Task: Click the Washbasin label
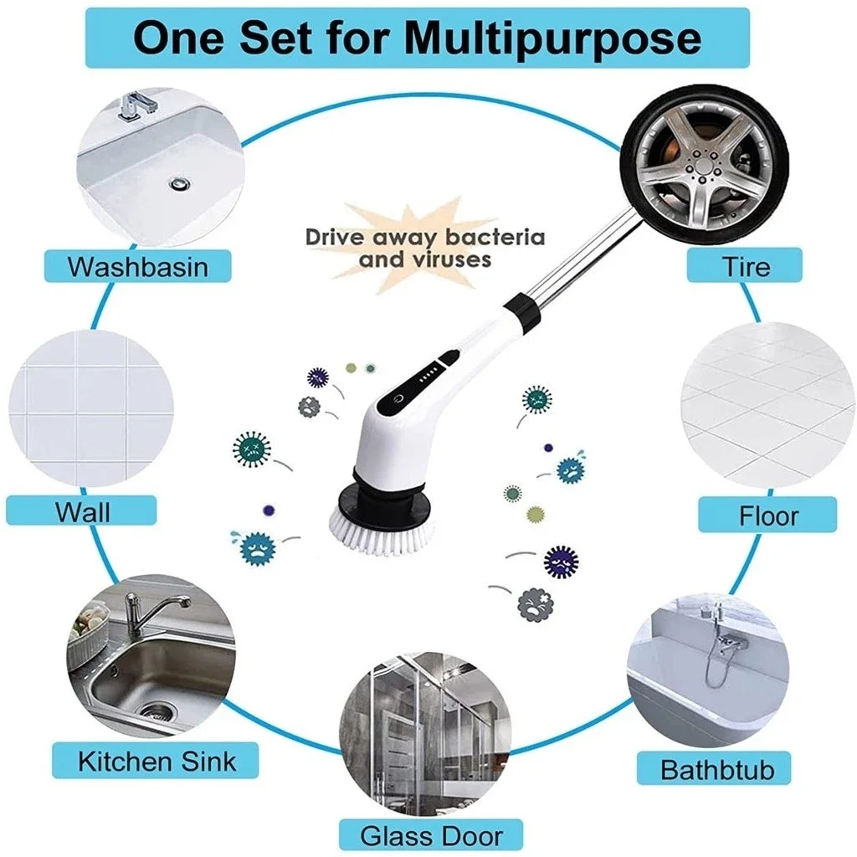point(137,267)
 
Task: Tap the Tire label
point(746,267)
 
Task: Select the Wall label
point(82,511)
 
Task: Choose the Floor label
point(767,516)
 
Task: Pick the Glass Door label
point(431,834)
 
